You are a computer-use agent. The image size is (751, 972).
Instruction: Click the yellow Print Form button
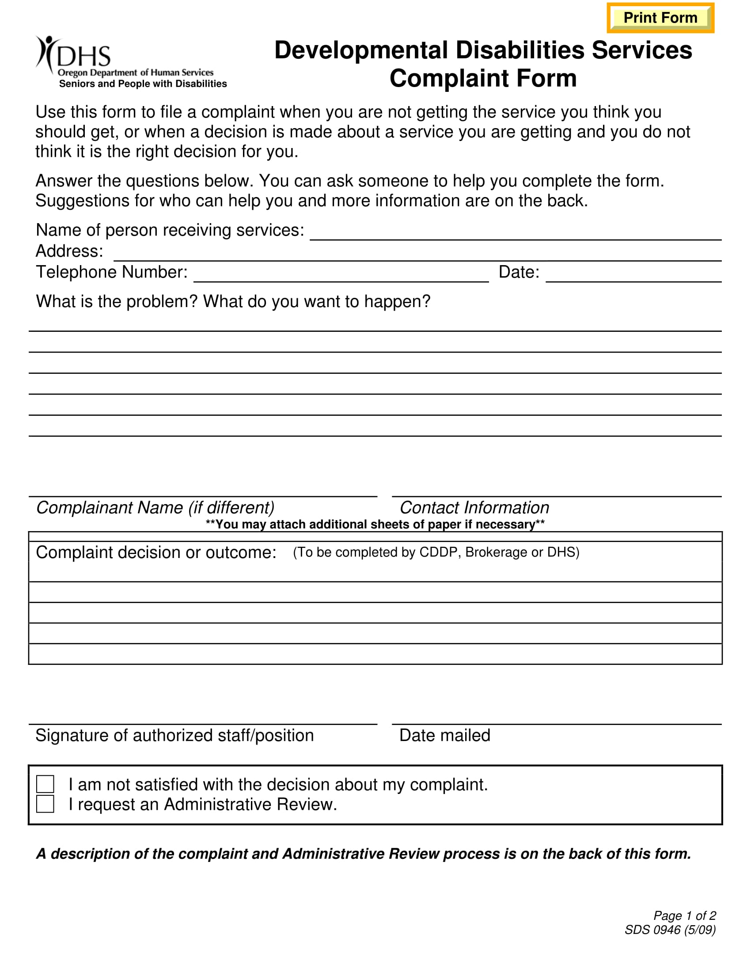660,18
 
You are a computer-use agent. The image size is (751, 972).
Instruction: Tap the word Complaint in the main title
450,78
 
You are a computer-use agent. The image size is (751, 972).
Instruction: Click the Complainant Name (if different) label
155,507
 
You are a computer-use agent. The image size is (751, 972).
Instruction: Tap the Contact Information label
474,507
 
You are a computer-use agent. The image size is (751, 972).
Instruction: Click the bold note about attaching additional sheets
375,524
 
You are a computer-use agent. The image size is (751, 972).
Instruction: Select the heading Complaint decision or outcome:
156,552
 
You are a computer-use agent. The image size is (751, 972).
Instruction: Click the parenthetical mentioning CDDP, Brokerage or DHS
436,552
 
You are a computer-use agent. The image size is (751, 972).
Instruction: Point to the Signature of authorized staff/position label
174,735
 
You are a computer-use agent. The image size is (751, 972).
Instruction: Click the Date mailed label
445,735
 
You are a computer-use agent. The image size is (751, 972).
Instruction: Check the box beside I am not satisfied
46,784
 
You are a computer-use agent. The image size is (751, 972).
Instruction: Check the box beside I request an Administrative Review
46,804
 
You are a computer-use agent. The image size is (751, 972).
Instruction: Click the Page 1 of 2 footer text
684,915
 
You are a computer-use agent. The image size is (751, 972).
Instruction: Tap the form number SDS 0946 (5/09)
670,930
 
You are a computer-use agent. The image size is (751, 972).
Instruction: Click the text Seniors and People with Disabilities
143,84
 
